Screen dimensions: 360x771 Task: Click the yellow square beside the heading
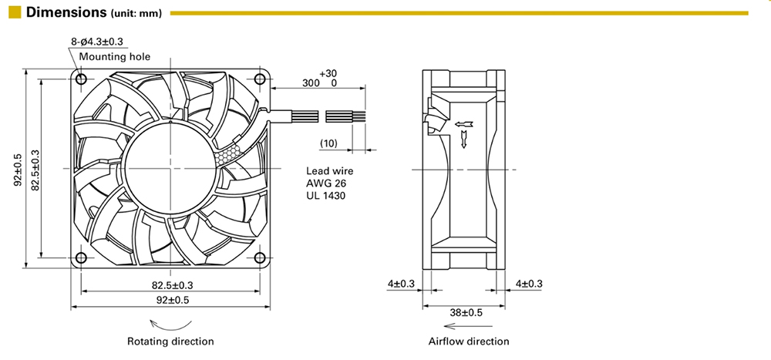(13, 13)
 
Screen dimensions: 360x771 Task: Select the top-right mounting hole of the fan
(259, 78)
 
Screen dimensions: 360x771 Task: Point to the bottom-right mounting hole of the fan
(259, 257)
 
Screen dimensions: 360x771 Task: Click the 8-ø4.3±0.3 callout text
(97, 42)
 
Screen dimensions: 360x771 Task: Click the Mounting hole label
(114, 56)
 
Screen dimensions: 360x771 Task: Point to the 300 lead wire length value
(311, 82)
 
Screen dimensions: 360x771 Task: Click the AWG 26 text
(326, 183)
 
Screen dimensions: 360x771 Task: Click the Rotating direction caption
(171, 341)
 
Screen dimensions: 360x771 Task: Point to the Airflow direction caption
(468, 341)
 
